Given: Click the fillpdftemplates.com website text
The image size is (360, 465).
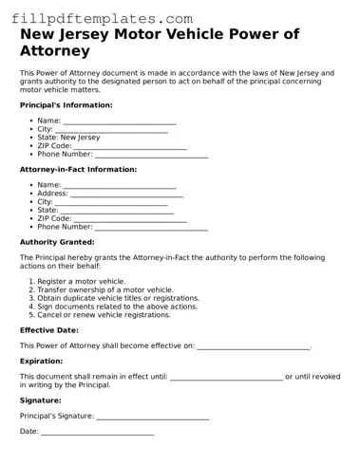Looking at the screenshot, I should pos(99,18).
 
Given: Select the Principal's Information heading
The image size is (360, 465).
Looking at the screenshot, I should pos(66,104).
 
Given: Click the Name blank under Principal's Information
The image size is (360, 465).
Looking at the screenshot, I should pos(119,121).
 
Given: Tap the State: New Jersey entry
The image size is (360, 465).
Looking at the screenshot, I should pos(68,138).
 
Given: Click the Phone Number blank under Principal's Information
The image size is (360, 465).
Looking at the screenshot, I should pos(151,154).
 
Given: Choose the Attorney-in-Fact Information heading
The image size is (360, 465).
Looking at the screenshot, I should pos(78,169).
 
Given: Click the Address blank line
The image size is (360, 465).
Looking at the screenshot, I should pos(127,194).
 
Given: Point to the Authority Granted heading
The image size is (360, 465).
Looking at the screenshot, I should pos(57,242).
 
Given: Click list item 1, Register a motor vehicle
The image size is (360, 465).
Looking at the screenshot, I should pos(81,282).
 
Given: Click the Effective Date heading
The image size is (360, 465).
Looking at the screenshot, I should pos(49,330).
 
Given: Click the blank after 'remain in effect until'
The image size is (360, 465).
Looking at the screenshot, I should pos(226,377).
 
